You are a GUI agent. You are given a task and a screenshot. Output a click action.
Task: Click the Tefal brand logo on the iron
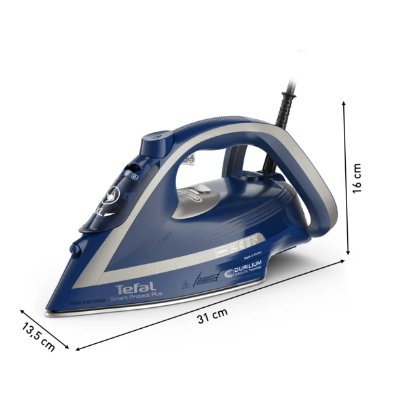pyautogui.click(x=136, y=288)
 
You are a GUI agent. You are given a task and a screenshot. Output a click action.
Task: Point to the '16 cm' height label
pyautogui.click(x=356, y=179)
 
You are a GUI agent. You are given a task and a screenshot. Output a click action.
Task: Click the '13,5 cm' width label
pyautogui.click(x=38, y=337)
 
